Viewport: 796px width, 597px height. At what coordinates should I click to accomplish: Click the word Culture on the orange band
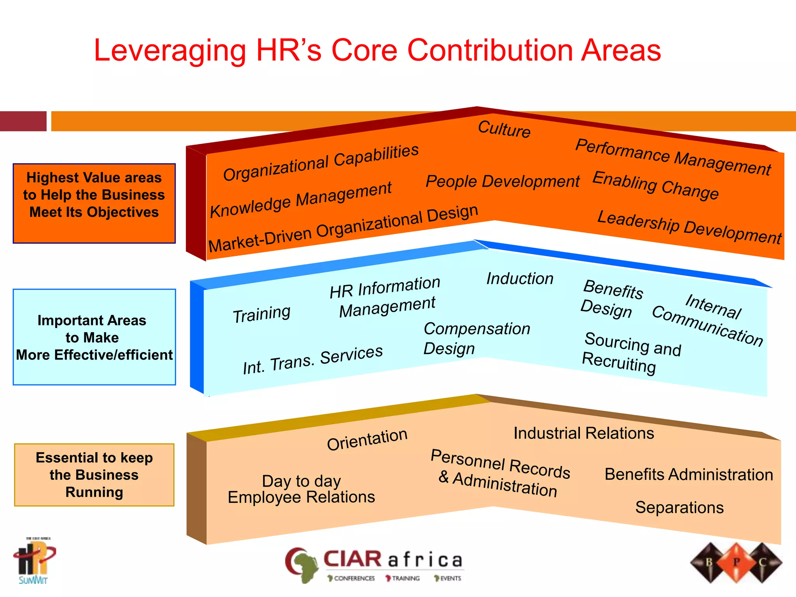[x=504, y=129]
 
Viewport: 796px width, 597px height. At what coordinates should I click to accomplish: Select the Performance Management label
[x=673, y=157]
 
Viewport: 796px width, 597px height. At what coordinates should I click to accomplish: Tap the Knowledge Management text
[x=301, y=200]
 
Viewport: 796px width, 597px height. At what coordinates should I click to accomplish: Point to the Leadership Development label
[x=689, y=227]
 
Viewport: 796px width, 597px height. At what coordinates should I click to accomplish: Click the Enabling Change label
[x=655, y=185]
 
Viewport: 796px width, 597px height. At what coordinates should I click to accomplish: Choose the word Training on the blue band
[x=262, y=314]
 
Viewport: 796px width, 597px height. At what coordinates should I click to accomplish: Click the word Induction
[x=520, y=279]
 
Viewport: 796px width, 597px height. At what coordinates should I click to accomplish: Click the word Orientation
[x=367, y=439]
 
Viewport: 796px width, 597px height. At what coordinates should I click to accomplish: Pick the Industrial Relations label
[x=584, y=433]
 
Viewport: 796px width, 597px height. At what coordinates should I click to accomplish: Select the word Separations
[x=679, y=508]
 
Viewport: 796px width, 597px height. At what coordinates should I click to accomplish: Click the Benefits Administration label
[x=689, y=475]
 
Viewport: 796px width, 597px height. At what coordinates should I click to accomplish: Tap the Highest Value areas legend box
[x=94, y=203]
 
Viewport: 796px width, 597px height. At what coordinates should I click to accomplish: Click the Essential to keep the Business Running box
[x=94, y=475]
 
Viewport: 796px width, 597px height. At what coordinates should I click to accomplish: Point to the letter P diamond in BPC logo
[x=736, y=562]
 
